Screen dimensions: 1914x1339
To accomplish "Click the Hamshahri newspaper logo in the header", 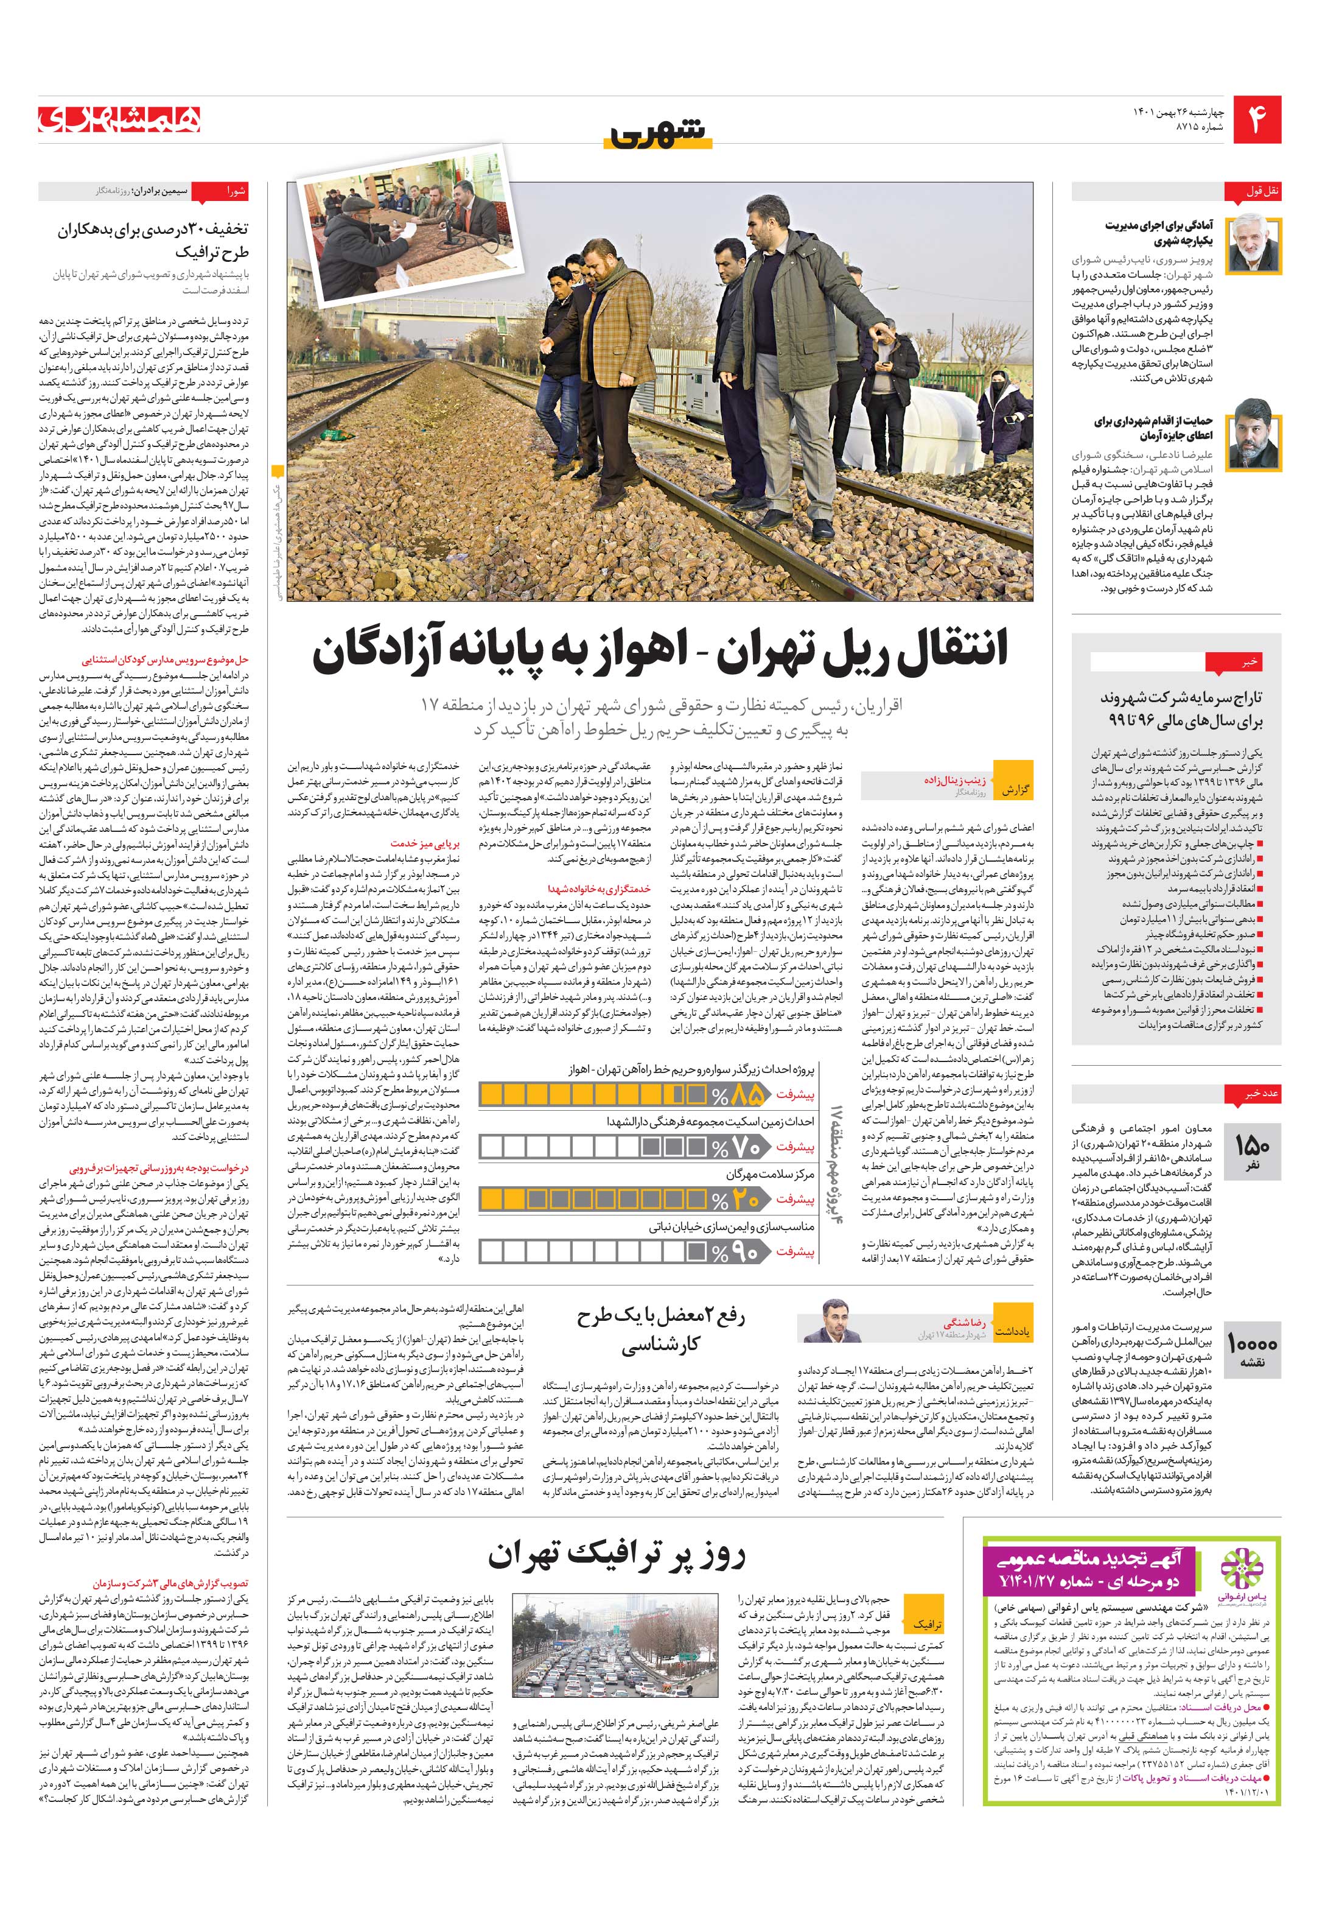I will (119, 120).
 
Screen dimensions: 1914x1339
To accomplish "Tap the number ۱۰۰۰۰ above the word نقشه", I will (1251, 1344).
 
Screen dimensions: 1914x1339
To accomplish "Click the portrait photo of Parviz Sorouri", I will (1253, 244).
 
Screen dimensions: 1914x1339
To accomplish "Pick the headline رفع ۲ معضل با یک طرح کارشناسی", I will (661, 1331).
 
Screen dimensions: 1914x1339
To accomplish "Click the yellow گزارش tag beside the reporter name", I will (1014, 789).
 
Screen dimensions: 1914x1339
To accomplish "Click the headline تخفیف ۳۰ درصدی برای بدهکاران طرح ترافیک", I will (153, 239).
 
